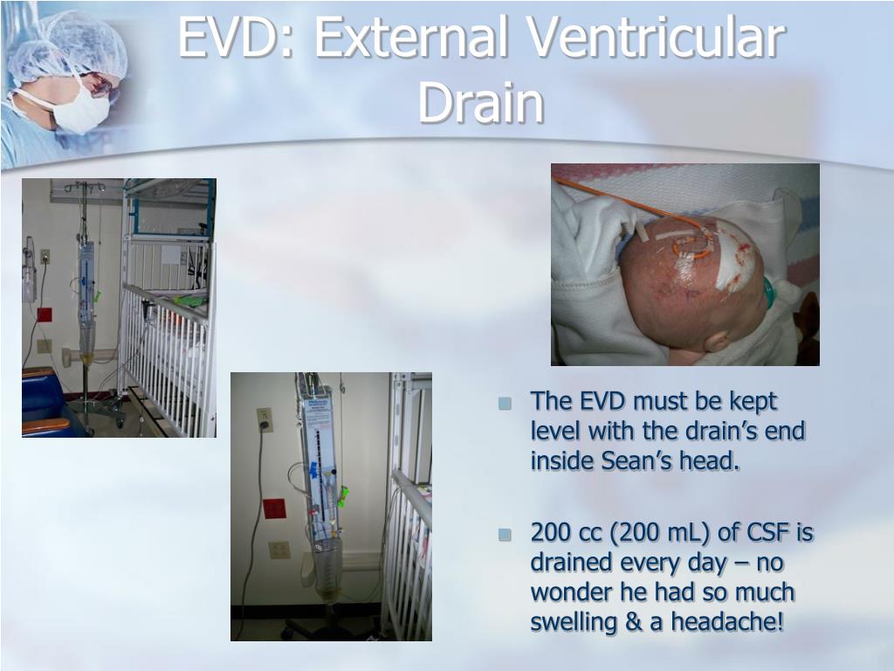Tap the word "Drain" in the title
(x=480, y=103)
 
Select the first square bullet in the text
(x=504, y=404)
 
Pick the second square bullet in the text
(x=504, y=534)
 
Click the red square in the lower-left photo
(x=274, y=508)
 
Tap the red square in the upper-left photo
(x=44, y=314)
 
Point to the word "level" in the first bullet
(x=554, y=432)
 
